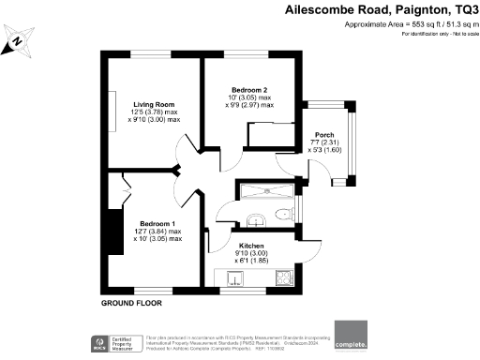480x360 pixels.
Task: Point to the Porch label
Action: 324,134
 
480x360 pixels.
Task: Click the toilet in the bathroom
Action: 285,217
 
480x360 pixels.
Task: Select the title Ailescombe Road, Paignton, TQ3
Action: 378,10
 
